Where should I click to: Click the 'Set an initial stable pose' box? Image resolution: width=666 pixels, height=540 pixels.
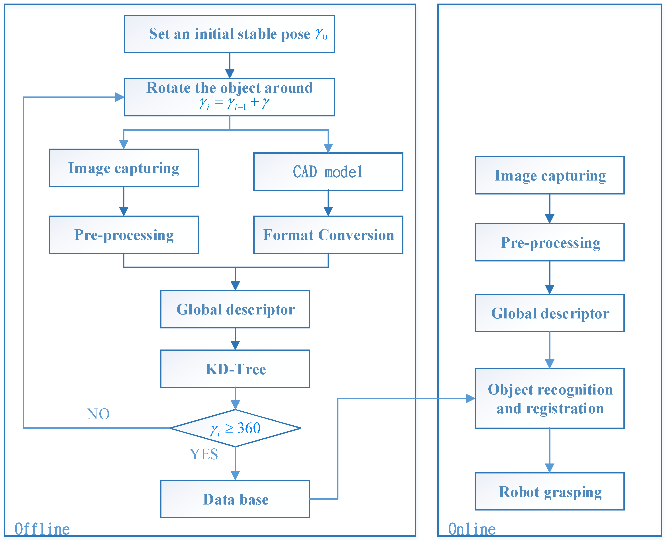tap(229, 34)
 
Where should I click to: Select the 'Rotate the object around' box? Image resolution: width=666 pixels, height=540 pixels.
tap(229, 97)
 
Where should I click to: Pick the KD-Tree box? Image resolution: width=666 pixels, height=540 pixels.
tap(235, 369)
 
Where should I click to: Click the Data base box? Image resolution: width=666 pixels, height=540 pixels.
tap(235, 499)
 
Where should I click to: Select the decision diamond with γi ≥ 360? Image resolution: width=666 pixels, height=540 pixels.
tap(235, 428)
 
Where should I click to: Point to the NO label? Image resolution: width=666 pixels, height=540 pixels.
tap(98, 414)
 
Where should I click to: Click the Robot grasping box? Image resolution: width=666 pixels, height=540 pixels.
tap(549, 492)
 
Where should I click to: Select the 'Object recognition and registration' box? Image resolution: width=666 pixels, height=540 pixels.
tap(549, 399)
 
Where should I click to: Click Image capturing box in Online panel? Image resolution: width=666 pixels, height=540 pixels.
tap(549, 175)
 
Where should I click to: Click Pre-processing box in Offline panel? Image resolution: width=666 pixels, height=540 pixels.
tap(124, 235)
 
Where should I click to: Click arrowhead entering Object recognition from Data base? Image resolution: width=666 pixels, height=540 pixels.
tap(470, 399)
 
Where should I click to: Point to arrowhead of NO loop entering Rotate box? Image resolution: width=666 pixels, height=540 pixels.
tap(120, 97)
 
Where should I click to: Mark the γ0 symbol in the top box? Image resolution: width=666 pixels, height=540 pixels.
tap(321, 34)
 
